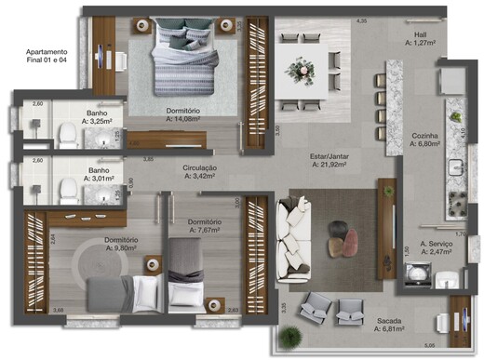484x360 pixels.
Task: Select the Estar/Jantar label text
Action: tap(332, 160)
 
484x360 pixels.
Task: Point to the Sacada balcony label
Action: tap(389, 323)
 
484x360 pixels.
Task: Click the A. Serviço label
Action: tap(436, 247)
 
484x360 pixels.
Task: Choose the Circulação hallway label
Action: tap(200, 171)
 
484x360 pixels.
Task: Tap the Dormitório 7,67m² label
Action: tap(203, 227)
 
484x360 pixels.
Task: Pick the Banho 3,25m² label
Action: tap(97, 116)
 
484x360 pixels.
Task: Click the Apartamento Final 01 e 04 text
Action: tap(47, 57)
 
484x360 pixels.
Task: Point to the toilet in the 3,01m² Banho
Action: tap(67, 190)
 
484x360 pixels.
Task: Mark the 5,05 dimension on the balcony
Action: tap(428, 345)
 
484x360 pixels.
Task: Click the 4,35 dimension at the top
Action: tap(361, 21)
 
